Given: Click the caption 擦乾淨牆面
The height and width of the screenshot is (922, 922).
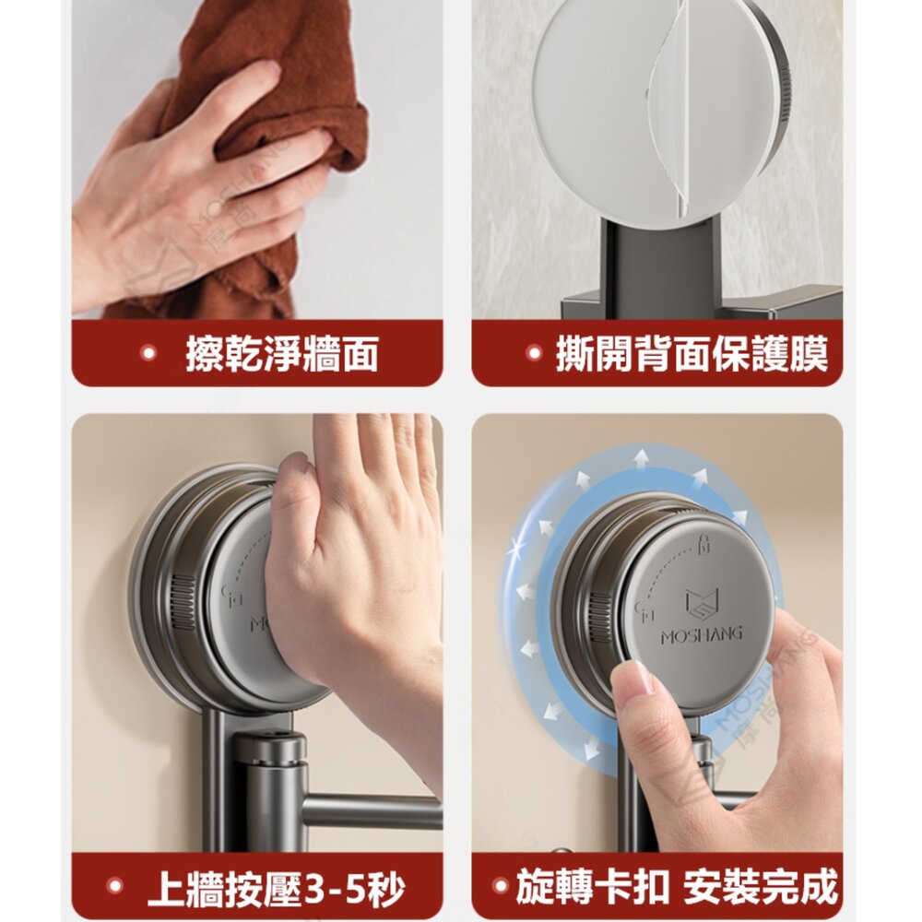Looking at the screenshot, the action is tap(281, 354).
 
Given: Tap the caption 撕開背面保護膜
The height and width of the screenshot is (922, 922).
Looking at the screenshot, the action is tap(692, 354).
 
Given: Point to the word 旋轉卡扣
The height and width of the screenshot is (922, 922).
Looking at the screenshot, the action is tap(592, 886).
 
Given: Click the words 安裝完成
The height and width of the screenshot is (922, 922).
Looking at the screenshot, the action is tap(761, 886).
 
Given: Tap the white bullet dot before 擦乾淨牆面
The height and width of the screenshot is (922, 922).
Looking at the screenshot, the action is tap(149, 353).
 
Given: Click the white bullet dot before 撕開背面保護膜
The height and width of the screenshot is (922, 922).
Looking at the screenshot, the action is tap(534, 353).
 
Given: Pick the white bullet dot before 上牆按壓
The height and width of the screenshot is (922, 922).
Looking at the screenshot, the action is tap(115, 886).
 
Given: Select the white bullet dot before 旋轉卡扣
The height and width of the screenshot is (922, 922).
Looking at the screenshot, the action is tap(501, 885).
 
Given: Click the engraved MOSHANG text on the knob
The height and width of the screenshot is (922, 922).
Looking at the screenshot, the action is tap(702, 635).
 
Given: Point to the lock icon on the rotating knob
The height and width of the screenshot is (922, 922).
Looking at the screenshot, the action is tap(703, 544).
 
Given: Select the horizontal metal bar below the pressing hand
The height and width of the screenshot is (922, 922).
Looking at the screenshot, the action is tap(372, 810).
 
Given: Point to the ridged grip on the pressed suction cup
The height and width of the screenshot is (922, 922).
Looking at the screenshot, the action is tap(183, 603).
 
